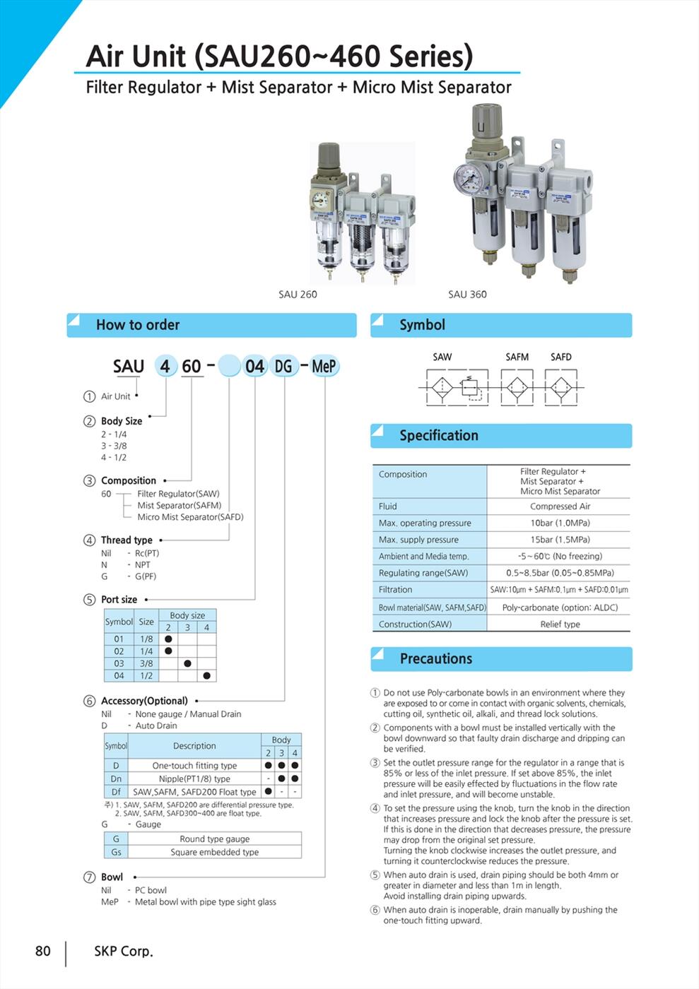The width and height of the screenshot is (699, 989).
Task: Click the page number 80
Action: click(43, 951)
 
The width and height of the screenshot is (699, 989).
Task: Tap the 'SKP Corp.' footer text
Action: click(124, 952)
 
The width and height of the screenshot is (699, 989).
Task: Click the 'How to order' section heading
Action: click(138, 325)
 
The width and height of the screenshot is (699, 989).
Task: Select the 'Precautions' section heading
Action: click(435, 658)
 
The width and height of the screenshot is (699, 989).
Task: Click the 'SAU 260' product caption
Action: click(298, 294)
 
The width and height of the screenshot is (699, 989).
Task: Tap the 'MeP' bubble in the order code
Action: click(324, 367)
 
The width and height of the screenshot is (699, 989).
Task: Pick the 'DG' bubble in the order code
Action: click(283, 367)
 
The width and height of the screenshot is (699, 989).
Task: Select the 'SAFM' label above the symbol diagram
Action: click(517, 357)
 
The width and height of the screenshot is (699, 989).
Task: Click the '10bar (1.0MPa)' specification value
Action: click(560, 523)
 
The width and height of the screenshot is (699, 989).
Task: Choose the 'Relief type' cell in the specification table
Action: click(560, 624)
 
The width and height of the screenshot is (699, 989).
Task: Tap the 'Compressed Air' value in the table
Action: click(560, 506)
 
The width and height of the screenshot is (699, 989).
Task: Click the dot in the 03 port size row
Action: click(187, 663)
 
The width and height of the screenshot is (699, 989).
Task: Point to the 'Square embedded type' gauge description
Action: click(214, 852)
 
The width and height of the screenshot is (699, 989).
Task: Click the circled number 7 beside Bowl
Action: click(90, 877)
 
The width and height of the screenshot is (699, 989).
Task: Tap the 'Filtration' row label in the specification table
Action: click(395, 589)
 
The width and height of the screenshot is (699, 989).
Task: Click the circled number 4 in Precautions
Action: click(375, 808)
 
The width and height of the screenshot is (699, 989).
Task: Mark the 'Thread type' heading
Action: click(127, 540)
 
